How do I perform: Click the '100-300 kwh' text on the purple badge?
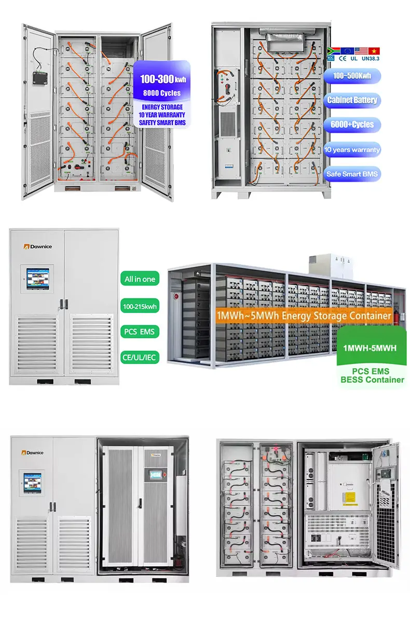click(162, 80)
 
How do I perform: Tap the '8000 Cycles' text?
click(162, 93)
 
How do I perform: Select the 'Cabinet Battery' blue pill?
click(352, 100)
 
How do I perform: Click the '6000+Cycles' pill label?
click(352, 125)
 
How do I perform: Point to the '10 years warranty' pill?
click(352, 150)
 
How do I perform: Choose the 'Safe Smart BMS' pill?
click(352, 174)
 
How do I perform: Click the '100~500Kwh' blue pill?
click(352, 76)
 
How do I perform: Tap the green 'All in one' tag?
click(140, 279)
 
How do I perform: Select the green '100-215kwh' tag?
click(140, 307)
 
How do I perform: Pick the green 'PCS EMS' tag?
click(140, 332)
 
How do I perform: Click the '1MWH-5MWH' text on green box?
click(370, 347)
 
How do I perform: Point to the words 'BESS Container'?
click(372, 380)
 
